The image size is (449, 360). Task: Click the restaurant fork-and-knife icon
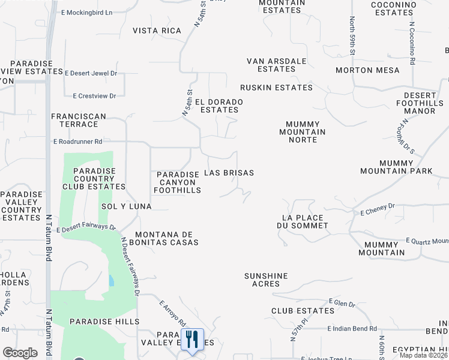click(x=192, y=339)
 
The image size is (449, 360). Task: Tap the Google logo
click(x=20, y=353)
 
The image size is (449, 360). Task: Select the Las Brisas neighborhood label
click(x=229, y=173)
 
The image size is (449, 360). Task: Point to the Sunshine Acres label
click(x=266, y=280)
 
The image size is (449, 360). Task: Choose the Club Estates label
click(x=303, y=311)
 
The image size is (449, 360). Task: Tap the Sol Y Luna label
click(x=127, y=206)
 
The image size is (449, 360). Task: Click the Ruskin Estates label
click(x=276, y=88)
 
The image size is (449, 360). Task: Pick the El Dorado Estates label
click(x=218, y=106)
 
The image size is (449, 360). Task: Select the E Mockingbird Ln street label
click(x=87, y=12)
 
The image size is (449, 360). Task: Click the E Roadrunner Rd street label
click(x=77, y=142)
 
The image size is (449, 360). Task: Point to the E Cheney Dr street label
click(x=378, y=209)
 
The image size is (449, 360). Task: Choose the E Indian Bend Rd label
click(x=352, y=329)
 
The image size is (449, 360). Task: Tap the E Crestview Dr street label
click(x=94, y=95)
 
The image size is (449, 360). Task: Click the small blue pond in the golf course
click(x=112, y=280)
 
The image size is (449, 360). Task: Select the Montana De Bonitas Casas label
click(x=167, y=238)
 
